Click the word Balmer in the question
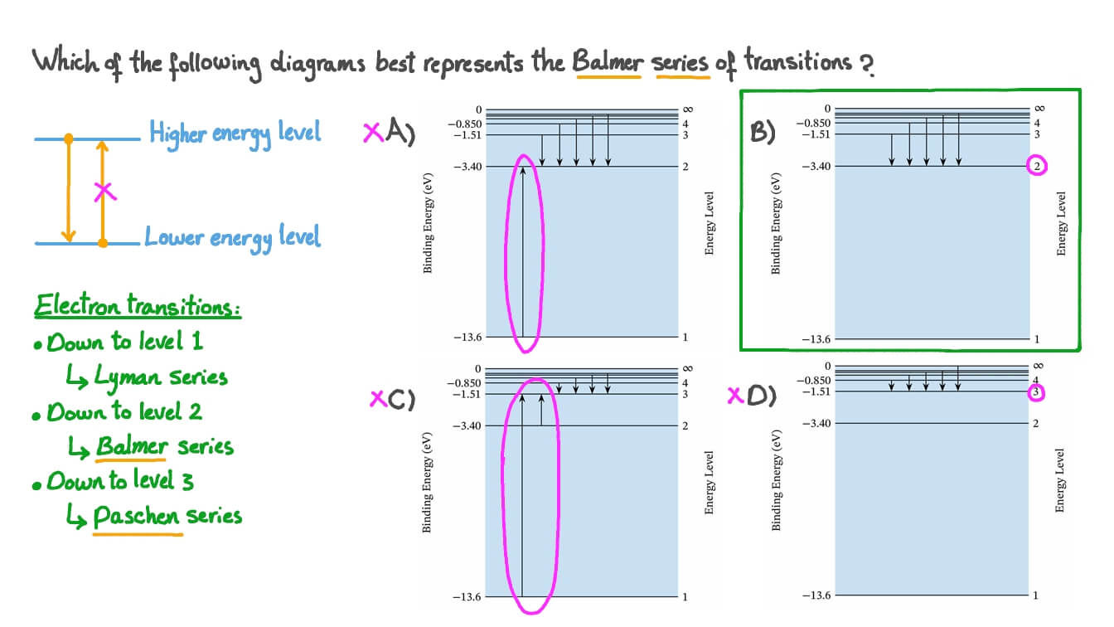(x=608, y=62)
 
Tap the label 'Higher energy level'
(x=235, y=133)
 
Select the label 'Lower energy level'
(x=232, y=237)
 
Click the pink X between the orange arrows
(x=103, y=192)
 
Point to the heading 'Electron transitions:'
(x=138, y=307)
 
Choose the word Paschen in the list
(x=136, y=517)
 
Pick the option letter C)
(x=400, y=400)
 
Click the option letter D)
(x=762, y=396)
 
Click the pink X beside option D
(x=734, y=396)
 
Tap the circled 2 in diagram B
(x=1037, y=166)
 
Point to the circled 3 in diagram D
(x=1036, y=392)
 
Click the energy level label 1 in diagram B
(x=1036, y=338)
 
